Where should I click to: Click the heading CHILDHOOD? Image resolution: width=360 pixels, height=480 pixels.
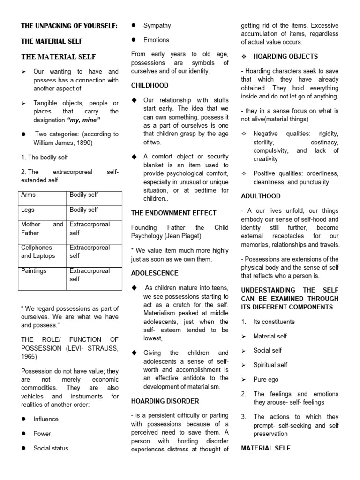coord(150,86)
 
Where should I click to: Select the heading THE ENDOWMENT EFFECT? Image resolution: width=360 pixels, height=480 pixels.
coord(173,213)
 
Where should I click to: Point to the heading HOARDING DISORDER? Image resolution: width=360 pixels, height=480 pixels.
coord(165,401)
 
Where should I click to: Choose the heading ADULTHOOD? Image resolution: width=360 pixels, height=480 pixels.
coord(261,196)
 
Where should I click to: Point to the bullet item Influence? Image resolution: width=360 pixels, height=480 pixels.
coord(46,419)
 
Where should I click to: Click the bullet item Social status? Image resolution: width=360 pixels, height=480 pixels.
coord(51,448)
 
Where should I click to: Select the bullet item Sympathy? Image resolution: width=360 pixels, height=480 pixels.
coord(157,25)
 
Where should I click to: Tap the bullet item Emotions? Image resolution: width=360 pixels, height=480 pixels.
coord(156,40)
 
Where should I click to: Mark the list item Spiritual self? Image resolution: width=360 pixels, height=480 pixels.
coord(270,365)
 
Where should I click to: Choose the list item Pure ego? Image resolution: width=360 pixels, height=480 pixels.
coord(266,379)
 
